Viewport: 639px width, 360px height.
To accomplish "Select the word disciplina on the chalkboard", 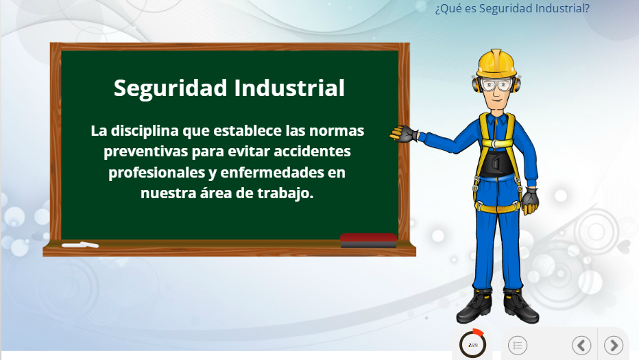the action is point(145,131).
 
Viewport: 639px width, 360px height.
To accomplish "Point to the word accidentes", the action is point(312,152).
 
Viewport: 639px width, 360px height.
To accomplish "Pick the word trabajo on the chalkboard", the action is point(285,193).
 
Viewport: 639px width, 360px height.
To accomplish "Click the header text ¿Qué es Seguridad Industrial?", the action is point(512,8).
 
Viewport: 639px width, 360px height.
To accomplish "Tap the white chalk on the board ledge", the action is point(80,245).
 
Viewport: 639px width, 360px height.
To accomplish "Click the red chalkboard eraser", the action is point(368,240).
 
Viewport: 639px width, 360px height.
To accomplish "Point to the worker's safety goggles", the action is point(496,85).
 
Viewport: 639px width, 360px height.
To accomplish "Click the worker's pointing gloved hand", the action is point(403,134).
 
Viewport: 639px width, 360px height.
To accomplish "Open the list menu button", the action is point(518,346).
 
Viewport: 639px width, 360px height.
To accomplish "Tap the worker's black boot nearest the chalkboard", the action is point(474,307).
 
